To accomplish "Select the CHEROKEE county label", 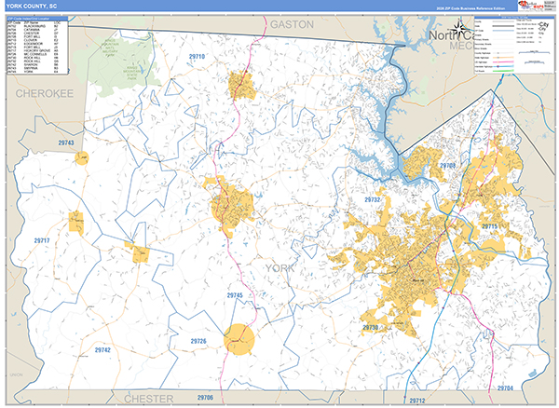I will pos(43,94).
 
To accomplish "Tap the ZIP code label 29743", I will pos(65,143).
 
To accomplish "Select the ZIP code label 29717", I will pos(42,241).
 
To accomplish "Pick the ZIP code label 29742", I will pos(103,349).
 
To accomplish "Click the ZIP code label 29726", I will pos(198,342).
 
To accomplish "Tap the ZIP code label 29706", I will pos(204,397).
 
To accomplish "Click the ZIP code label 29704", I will pos(504,387).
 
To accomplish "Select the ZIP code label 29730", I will pos(371,328).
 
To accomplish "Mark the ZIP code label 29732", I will pos(374,199).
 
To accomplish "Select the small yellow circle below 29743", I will pos(82,158).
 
